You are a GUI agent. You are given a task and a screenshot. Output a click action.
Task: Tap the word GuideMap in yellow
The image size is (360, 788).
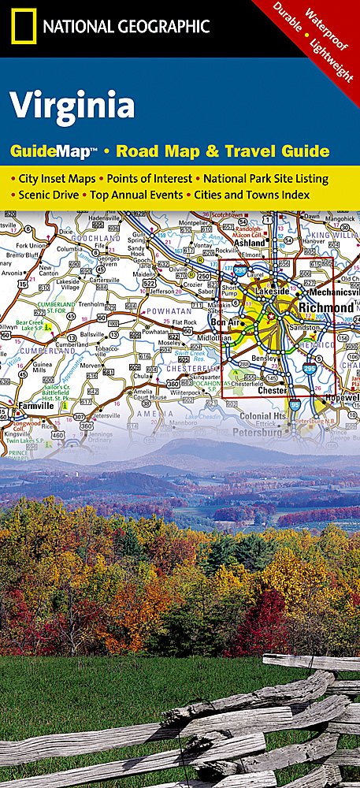point(53,150)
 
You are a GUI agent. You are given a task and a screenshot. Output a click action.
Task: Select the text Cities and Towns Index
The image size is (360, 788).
point(252,195)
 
